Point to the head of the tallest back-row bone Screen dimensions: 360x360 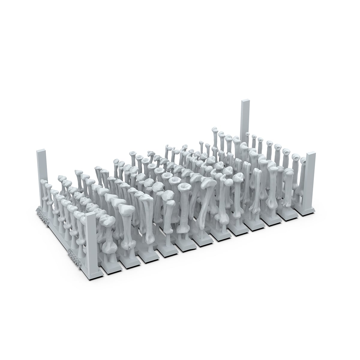tap(214, 130)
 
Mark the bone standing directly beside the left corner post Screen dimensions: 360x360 tap(45, 192)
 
